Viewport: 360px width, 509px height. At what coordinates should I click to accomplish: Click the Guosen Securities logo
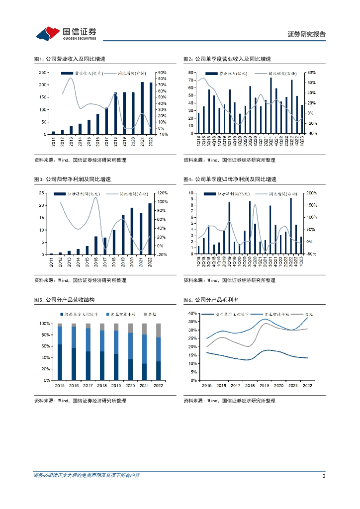pyautogui.click(x=66, y=33)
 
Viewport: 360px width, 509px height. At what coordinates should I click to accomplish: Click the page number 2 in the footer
pyautogui.click(x=324, y=476)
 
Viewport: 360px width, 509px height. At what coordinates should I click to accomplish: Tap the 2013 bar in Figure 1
pyautogui.click(x=71, y=130)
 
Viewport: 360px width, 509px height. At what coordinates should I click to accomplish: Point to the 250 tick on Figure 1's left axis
pyautogui.click(x=42, y=73)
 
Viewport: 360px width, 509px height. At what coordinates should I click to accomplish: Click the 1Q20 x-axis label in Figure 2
pyautogui.click(x=240, y=141)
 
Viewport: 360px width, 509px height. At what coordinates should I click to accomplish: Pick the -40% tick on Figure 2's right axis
pyautogui.click(x=311, y=133)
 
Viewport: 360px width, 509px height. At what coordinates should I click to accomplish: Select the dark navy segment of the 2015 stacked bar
pyautogui.click(x=60, y=362)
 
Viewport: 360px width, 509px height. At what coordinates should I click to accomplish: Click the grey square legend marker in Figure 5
pyautogui.click(x=145, y=315)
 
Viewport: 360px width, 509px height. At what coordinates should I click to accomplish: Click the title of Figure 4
pyautogui.click(x=229, y=179)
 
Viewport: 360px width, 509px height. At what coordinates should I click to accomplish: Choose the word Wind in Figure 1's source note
pyautogui.click(x=63, y=160)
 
